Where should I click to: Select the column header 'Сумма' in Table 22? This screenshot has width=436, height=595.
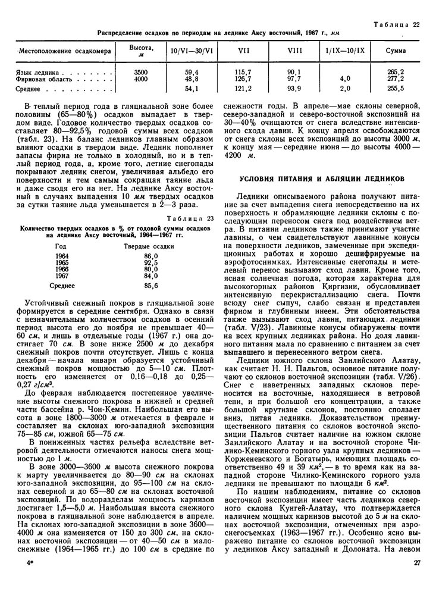click(x=396, y=51)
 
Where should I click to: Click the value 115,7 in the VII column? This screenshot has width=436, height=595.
click(x=243, y=71)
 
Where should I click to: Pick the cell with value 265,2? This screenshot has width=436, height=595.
click(x=396, y=71)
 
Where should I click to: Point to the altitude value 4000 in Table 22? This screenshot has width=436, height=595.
click(x=141, y=79)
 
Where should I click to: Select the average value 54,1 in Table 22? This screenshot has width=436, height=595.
click(x=192, y=89)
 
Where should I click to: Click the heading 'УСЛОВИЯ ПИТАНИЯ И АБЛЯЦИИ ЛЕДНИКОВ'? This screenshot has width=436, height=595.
click(x=322, y=178)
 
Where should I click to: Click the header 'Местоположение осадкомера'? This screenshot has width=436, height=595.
click(x=65, y=51)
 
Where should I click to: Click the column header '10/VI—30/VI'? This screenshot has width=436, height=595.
click(x=192, y=51)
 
